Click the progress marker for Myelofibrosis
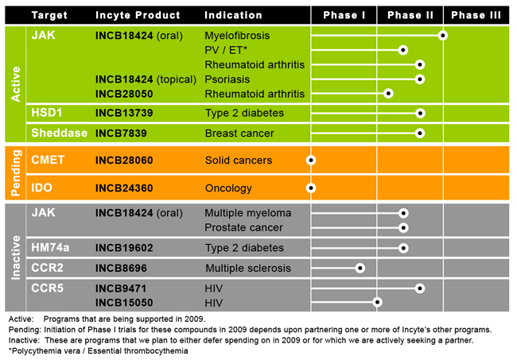click(x=443, y=36)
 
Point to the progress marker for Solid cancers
click(x=311, y=160)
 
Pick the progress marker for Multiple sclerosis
click(x=360, y=268)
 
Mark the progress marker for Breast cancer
click(x=420, y=133)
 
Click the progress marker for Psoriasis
click(x=420, y=79)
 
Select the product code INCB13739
click(x=122, y=114)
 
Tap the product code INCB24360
click(x=124, y=188)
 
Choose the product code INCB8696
click(x=120, y=268)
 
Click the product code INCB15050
click(x=122, y=303)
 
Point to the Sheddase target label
click(x=58, y=133)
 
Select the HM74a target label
click(x=50, y=248)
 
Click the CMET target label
click(x=47, y=160)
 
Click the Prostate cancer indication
click(x=243, y=228)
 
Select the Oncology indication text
click(x=228, y=188)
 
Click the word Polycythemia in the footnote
click(x=36, y=350)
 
